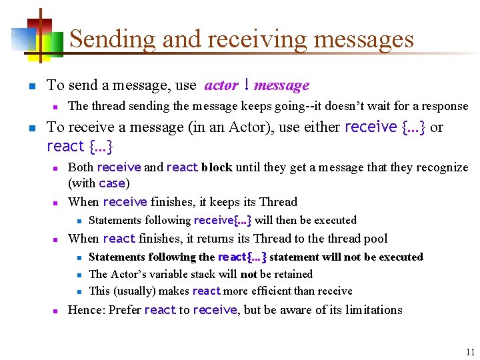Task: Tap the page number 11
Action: click(470, 353)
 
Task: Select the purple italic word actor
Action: click(221, 85)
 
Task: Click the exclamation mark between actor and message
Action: click(247, 85)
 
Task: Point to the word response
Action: click(444, 106)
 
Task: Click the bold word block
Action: click(217, 167)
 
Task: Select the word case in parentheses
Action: click(112, 183)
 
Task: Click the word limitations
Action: click(374, 310)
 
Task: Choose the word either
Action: click(321, 127)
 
